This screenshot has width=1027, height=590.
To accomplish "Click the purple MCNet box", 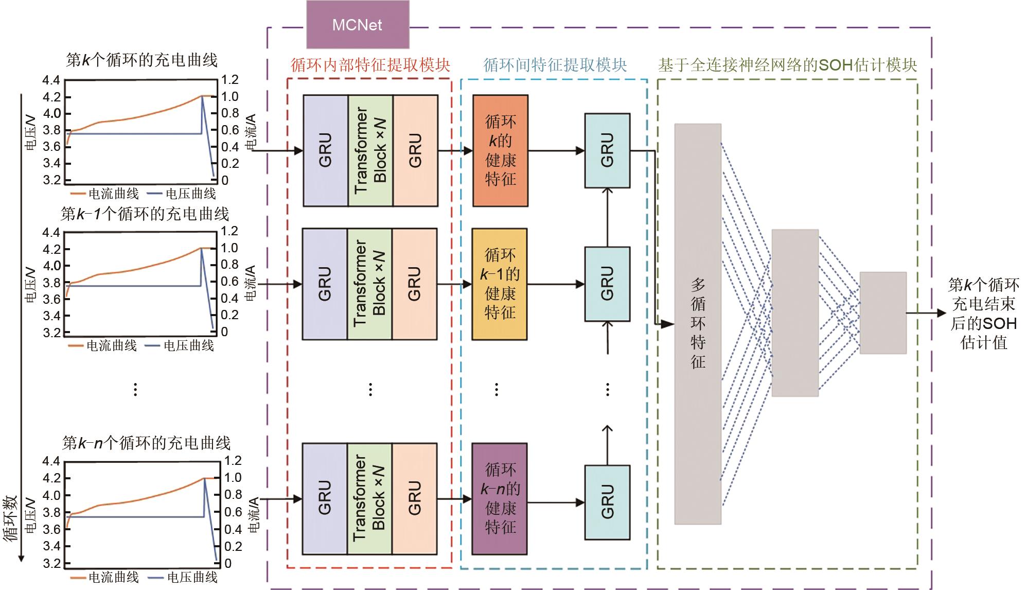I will (358, 25).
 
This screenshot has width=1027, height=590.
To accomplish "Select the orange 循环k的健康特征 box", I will (500, 150).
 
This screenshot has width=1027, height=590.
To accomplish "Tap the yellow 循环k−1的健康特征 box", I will (499, 284).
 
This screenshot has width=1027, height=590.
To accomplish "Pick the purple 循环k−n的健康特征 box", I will (499, 498).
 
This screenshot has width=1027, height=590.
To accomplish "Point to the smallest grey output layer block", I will (883, 313).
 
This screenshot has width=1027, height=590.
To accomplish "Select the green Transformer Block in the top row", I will (370, 150).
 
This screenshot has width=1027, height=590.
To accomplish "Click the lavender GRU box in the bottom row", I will (325, 498).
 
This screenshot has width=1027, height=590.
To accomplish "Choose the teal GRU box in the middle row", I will (607, 284).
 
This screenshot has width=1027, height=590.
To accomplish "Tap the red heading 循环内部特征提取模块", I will (370, 65).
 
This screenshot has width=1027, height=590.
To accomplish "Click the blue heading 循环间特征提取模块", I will (555, 65).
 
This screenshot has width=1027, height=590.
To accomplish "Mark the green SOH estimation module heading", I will (787, 65).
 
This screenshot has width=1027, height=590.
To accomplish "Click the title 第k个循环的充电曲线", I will (142, 60).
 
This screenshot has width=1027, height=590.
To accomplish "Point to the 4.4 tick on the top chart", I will (51, 80).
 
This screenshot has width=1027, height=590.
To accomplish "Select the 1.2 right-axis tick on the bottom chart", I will (233, 460).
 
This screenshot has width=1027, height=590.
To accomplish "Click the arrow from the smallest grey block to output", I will (926, 313).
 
